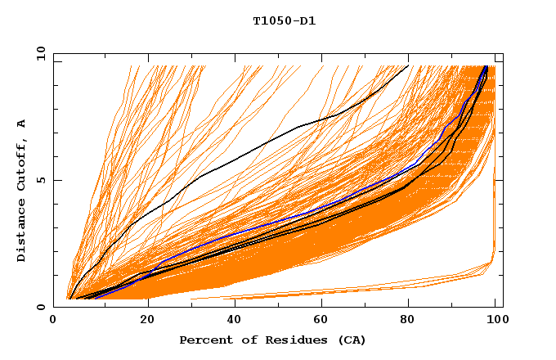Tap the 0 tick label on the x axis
pos(53,321)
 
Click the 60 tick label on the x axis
pos(319,321)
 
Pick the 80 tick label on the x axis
pos(407,321)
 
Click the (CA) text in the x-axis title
pos(351,340)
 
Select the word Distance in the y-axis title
pos(22,232)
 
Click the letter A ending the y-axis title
pos(22,123)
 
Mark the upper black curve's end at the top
pos(408,65)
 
